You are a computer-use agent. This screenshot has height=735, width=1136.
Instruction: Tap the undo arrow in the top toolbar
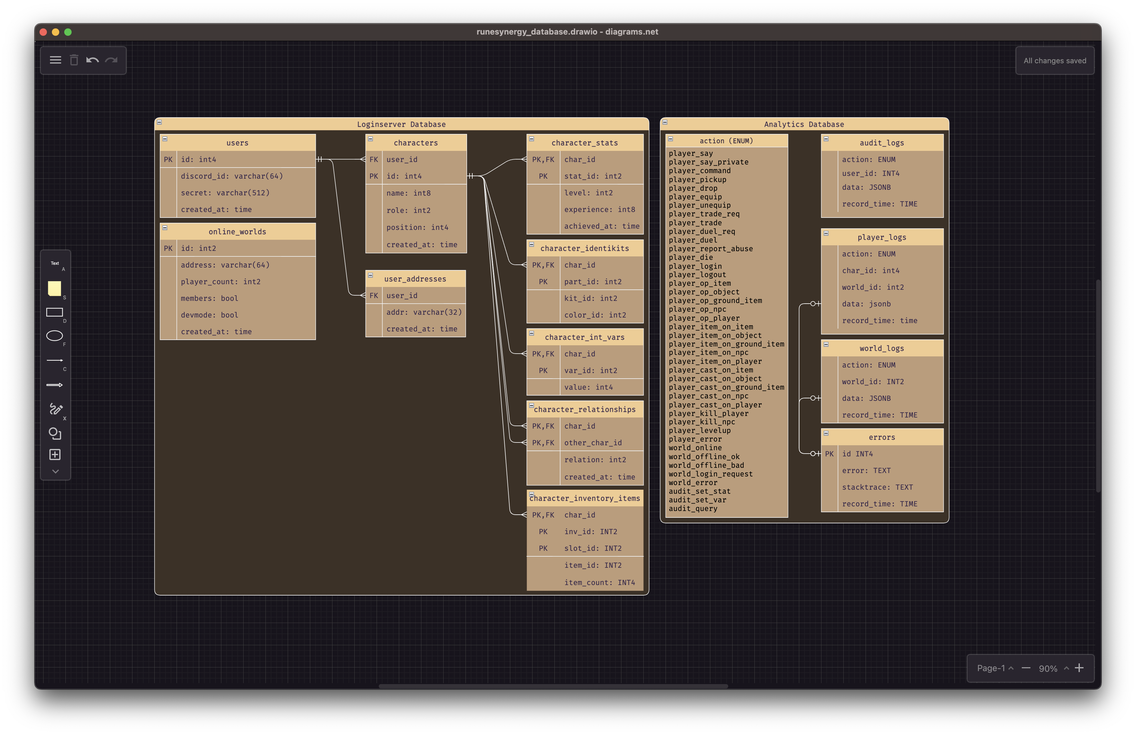point(93,60)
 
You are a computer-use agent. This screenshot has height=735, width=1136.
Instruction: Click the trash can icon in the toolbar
point(74,60)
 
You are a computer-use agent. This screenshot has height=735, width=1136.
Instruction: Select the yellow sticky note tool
point(54,289)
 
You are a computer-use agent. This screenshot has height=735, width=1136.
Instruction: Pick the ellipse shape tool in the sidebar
point(54,336)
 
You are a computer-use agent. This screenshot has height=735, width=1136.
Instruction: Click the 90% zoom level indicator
point(1048,669)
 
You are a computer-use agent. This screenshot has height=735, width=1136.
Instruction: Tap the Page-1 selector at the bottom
point(991,668)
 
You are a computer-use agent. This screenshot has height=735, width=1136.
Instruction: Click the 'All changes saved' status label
point(1055,60)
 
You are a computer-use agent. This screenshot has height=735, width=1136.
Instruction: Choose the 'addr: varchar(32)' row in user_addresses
point(424,312)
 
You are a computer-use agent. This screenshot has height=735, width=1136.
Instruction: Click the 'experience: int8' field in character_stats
point(599,210)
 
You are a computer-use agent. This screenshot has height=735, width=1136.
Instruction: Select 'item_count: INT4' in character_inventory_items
point(599,582)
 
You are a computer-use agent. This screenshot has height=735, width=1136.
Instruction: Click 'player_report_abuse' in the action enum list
point(711,248)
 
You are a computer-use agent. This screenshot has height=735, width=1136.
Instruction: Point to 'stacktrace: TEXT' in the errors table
point(877,487)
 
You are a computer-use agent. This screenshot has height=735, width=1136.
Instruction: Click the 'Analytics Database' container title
point(804,124)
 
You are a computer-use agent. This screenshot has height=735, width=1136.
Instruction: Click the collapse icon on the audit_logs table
point(826,139)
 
